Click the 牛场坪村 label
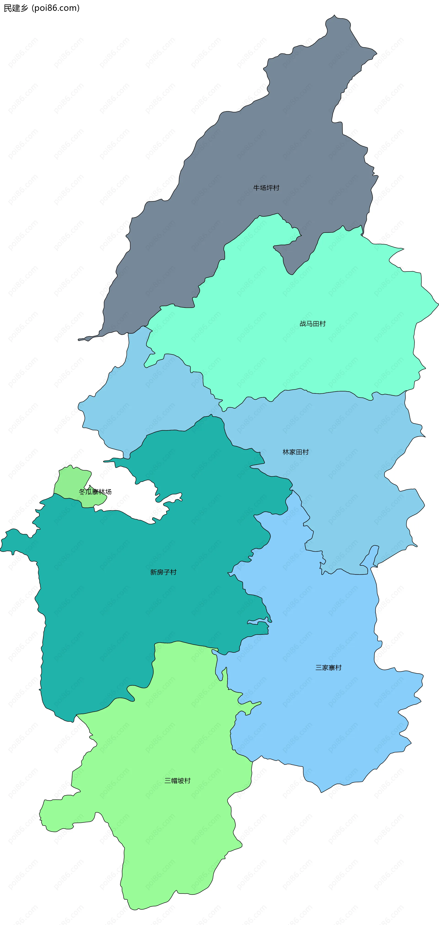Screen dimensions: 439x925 (266, 188)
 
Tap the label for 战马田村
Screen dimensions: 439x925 (312, 323)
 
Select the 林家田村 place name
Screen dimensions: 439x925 (296, 452)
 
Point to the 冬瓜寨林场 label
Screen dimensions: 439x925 (95, 491)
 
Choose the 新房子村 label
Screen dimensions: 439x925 (163, 572)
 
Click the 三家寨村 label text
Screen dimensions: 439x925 (328, 667)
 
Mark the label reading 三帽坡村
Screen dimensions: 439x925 (177, 780)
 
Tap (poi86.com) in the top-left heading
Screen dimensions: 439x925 (56, 8)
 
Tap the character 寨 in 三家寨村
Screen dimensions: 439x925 (332, 667)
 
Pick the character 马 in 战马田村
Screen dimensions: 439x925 (309, 323)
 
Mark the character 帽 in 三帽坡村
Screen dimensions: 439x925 (174, 780)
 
